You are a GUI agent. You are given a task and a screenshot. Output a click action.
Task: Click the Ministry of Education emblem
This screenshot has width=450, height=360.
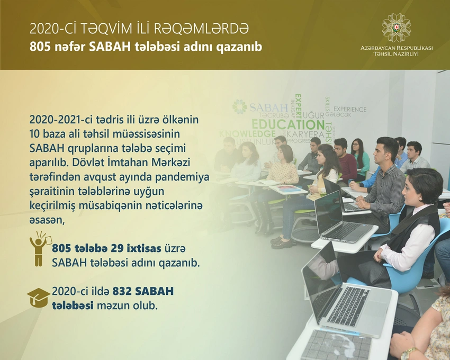(x=397, y=28)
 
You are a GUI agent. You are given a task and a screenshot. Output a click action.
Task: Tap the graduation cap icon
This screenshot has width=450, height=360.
(x=39, y=298)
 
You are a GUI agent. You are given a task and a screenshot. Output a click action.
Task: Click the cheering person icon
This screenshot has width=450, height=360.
(x=40, y=249)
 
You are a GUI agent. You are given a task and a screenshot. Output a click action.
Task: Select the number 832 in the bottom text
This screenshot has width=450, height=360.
(x=122, y=291)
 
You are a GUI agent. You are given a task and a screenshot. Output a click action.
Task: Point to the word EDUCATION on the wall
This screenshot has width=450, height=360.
(x=288, y=124)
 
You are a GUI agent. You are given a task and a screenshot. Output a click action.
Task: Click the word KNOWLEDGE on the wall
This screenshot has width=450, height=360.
(x=247, y=134)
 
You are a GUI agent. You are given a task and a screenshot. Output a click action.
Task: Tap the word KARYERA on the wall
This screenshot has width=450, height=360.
(x=305, y=134)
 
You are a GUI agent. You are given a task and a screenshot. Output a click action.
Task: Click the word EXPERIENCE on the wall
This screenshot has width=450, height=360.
(x=350, y=110)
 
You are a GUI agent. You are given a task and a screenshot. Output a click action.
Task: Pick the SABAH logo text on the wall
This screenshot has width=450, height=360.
(x=268, y=107)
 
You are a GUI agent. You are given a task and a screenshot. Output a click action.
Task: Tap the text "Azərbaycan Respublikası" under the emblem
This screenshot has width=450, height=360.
(x=397, y=48)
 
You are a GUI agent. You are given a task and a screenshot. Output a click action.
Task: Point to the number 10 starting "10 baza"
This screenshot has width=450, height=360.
(x=35, y=134)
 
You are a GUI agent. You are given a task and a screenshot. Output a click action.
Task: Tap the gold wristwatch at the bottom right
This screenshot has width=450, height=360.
(x=408, y=353)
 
